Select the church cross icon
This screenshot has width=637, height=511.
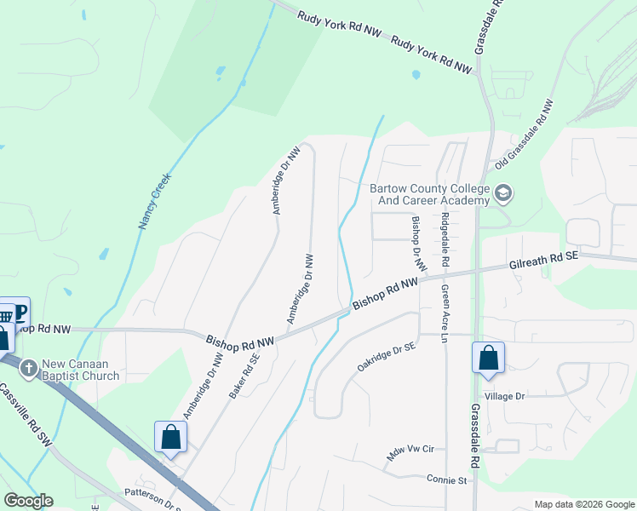(x=28, y=368)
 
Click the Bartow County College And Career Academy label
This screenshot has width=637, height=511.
(x=429, y=194)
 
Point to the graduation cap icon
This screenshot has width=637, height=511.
(x=503, y=193)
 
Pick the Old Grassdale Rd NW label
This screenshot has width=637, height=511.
(x=525, y=133)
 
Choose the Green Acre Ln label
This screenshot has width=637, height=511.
(x=444, y=313)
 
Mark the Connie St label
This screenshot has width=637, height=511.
(x=448, y=479)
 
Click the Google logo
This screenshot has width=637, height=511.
(x=27, y=500)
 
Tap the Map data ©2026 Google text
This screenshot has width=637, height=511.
(x=584, y=504)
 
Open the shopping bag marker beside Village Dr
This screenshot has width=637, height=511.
(x=489, y=358)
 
